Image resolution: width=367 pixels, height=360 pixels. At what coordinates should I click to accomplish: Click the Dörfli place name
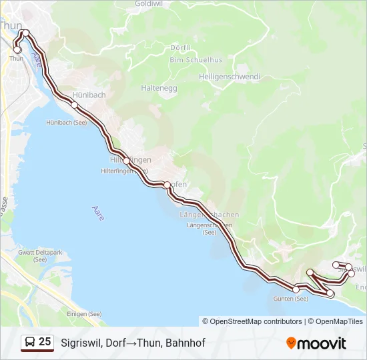click(x=180, y=48)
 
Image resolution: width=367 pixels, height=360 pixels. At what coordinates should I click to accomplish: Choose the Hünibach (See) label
click(x=67, y=123)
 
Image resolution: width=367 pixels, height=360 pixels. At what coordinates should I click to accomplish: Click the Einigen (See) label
click(x=84, y=314)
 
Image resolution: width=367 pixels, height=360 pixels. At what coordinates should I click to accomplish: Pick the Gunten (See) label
click(x=291, y=299)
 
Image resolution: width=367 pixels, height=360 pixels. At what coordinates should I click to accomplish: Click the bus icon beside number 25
click(x=29, y=343)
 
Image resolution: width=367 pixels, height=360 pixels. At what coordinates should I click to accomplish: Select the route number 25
click(x=45, y=342)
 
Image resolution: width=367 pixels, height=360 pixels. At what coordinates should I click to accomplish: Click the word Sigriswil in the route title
click(x=79, y=343)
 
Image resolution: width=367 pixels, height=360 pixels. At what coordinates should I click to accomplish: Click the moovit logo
click(x=316, y=343)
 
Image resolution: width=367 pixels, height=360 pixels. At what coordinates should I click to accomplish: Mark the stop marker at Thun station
click(x=17, y=49)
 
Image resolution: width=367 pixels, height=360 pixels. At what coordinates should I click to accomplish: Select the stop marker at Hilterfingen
click(x=126, y=161)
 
